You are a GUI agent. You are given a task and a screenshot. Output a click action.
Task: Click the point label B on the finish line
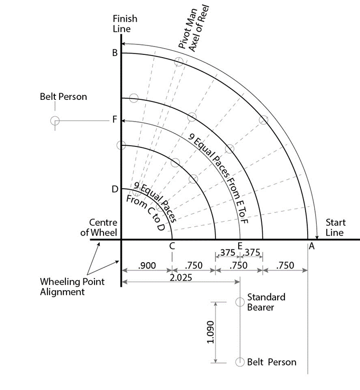pyautogui.click(x=115, y=53)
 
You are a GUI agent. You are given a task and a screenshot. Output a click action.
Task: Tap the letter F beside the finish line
pyautogui.click(x=115, y=119)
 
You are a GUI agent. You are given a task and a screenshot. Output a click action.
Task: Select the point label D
pyautogui.click(x=115, y=189)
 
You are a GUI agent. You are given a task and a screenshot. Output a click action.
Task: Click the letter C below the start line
pyautogui.click(x=172, y=246)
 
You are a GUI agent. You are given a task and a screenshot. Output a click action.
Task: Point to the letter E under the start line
pyautogui.click(x=240, y=246)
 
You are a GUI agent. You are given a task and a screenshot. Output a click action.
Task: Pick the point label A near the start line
pyautogui.click(x=311, y=246)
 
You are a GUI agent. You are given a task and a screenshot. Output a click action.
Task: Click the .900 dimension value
pyautogui.click(x=147, y=265)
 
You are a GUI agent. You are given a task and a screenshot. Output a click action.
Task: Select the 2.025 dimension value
pyautogui.click(x=181, y=277)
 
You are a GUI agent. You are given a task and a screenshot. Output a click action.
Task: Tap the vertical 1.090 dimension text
pyautogui.click(x=211, y=332)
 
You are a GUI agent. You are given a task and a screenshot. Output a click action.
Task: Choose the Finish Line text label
pyautogui.click(x=125, y=24)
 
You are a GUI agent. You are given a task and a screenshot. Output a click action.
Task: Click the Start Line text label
pyautogui.click(x=335, y=227)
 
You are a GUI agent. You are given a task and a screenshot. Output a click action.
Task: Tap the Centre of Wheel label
pyautogui.click(x=99, y=227)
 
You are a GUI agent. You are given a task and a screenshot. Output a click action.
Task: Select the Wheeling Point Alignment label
pyautogui.click(x=72, y=286)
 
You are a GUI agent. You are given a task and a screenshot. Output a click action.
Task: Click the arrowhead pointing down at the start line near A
pyautogui.click(x=317, y=237)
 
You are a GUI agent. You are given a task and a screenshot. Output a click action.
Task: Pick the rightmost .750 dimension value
pyautogui.click(x=285, y=265)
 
